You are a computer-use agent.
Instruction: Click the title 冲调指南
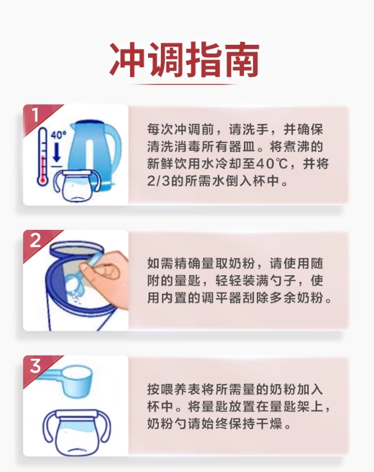[x=184, y=59]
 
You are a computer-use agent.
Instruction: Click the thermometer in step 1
[x=43, y=156]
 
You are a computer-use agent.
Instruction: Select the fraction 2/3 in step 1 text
[x=158, y=182]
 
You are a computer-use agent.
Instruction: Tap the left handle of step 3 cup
[x=49, y=428]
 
